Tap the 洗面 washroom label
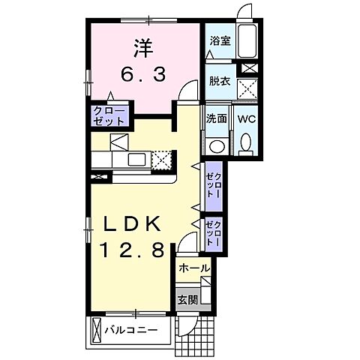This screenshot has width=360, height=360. [x=217, y=118]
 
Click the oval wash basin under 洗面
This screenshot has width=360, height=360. [x=217, y=145]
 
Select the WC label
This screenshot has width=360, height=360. [x=247, y=118]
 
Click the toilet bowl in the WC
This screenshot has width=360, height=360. [x=247, y=142]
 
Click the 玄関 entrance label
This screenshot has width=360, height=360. [x=187, y=299]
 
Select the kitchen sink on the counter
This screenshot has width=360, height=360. [x=136, y=159]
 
